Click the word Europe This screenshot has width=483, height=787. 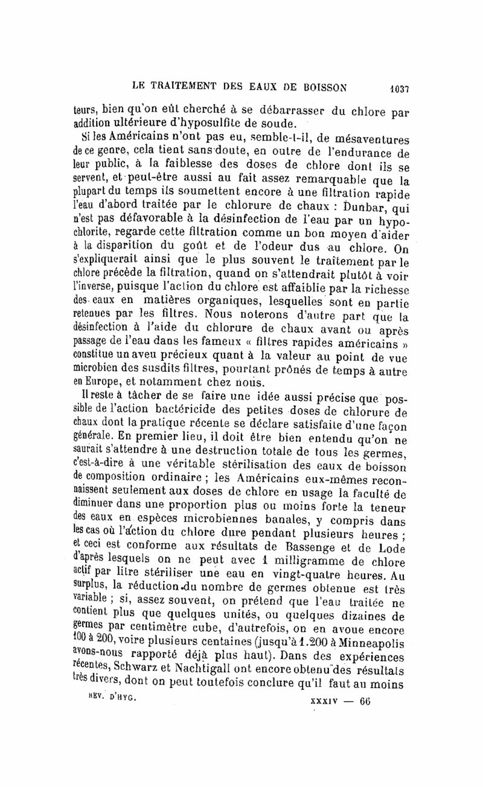tap(98, 382)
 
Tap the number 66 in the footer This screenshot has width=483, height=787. tap(365, 701)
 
